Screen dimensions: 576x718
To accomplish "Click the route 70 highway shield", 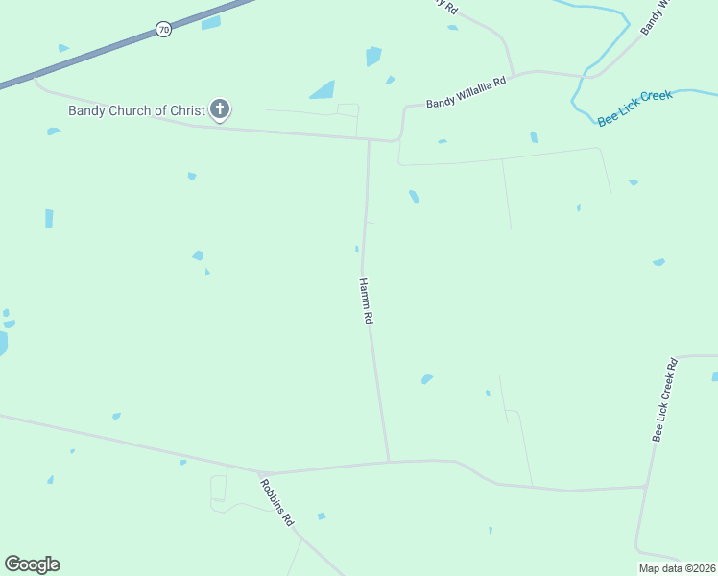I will tap(164, 30).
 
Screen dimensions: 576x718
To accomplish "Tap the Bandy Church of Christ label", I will tap(136, 110).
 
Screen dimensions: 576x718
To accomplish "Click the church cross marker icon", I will tap(220, 109).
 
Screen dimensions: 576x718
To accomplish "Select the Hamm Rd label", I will tap(365, 300).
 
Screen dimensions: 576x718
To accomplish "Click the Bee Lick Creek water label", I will tap(634, 108).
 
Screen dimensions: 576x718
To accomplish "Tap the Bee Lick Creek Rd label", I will tap(665, 399).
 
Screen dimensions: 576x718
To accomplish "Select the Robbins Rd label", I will tap(276, 501).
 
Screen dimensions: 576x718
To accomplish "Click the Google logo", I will tap(32, 564).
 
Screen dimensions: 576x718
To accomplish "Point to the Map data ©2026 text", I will tap(678, 568).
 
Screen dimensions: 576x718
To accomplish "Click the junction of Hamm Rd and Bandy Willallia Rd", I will tap(369, 140).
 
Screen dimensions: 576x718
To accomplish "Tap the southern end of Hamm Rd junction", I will tap(389, 462).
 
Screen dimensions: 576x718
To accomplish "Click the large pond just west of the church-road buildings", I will tap(323, 90).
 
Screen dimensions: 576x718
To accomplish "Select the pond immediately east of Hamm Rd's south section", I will tap(426, 379).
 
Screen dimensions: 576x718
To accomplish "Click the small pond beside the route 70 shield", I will tap(211, 23).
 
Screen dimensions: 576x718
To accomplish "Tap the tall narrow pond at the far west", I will tap(49, 218).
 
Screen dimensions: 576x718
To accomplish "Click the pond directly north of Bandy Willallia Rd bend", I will tap(373, 56).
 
